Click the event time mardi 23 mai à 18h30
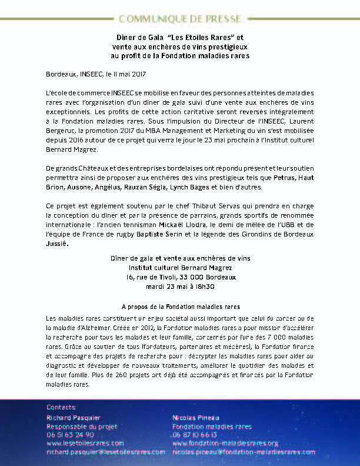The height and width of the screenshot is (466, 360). [179, 286]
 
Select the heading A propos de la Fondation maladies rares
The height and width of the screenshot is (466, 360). [180, 307]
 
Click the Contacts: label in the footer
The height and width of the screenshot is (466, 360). [61, 407]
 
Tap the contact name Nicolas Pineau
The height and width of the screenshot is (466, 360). [194, 418]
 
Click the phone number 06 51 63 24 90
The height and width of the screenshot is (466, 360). [70, 435]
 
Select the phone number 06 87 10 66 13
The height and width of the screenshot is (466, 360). [195, 435]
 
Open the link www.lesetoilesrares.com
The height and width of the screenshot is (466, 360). [85, 443]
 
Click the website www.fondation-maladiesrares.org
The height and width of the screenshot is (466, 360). [225, 443]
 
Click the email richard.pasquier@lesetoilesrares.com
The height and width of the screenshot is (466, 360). [105, 452]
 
